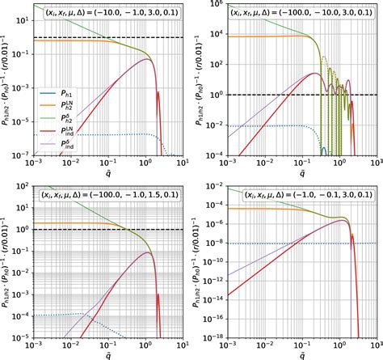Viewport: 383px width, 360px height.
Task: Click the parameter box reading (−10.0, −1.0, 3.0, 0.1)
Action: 111,14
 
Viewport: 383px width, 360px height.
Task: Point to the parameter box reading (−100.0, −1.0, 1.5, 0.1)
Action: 104,195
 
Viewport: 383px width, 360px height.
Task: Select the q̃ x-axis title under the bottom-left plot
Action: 102,354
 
